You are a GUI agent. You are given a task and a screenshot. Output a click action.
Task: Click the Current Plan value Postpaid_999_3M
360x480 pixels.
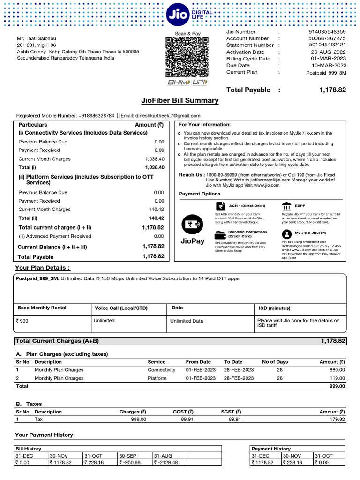point(326,73)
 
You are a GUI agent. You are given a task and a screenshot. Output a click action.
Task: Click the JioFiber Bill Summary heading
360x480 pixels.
point(180,100)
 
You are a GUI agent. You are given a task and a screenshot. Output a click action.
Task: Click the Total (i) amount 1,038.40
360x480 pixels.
point(155,167)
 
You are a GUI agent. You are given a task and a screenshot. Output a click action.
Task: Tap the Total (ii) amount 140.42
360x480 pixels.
point(157,218)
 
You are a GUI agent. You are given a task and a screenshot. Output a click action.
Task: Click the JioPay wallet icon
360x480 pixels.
point(192,225)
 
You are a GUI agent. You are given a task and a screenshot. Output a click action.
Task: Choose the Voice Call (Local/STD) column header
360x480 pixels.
point(121,308)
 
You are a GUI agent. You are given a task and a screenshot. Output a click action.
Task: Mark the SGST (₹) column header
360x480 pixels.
point(231,412)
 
